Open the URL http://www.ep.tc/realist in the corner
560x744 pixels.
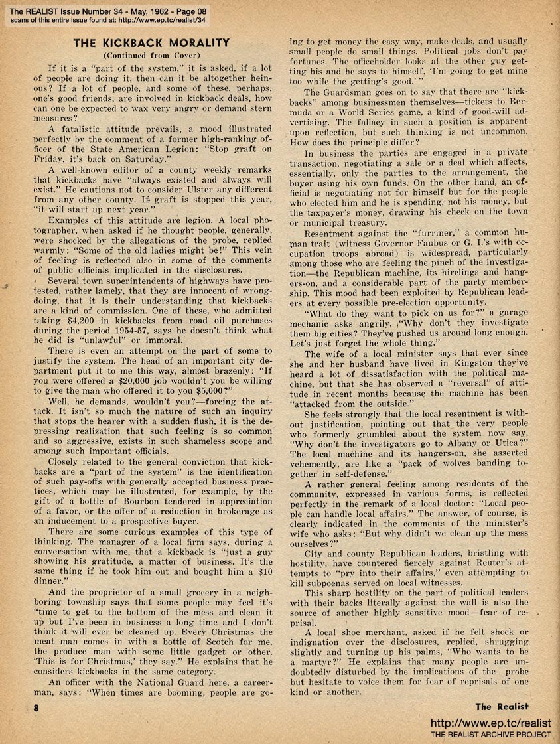(x=491, y=723)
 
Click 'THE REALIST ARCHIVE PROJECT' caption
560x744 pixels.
(x=491, y=735)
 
